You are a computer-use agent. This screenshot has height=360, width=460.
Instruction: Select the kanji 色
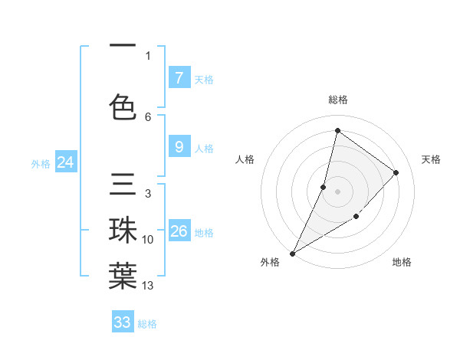(123, 106)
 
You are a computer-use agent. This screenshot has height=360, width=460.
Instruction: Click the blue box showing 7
(179, 78)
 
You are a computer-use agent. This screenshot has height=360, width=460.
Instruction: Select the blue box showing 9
(179, 148)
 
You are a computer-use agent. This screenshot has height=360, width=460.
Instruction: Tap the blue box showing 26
(179, 231)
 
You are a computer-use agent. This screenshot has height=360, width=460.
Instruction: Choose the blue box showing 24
(66, 162)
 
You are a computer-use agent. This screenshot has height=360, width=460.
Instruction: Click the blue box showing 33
(123, 322)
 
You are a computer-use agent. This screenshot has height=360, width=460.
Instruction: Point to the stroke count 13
(148, 286)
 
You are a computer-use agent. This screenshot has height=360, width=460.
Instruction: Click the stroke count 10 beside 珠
(148, 240)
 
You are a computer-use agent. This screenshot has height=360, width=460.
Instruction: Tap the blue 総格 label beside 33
(147, 324)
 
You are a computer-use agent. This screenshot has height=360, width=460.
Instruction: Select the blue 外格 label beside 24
(41, 163)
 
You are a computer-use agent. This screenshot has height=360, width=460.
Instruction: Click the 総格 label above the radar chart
(338, 100)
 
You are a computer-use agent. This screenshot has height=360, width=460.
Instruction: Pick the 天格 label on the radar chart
(432, 159)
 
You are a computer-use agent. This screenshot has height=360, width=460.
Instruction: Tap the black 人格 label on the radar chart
(245, 159)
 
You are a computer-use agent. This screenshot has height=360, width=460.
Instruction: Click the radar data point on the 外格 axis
(292, 254)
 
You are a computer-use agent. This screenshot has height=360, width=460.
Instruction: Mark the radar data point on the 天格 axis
(396, 172)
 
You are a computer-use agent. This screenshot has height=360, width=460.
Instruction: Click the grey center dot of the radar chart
(337, 191)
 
